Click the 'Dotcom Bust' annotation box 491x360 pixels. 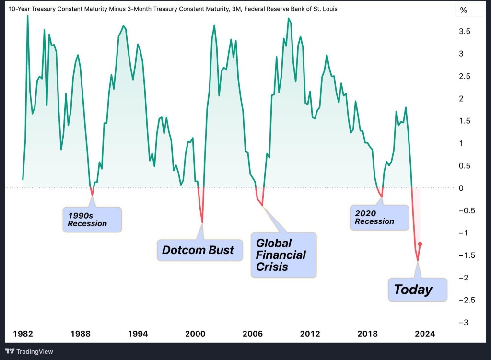pos(198,250)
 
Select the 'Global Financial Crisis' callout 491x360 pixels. pos(283,255)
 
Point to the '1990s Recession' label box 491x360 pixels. pos(92,220)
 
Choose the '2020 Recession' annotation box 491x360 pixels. pos(379,217)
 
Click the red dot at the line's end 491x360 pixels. pos(420,244)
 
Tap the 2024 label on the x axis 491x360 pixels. pos(425,334)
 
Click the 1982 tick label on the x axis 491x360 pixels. pos(23,334)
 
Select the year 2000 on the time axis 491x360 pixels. pos(195,334)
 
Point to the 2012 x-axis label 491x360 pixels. pos(310,334)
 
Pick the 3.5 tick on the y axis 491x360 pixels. pos(464,32)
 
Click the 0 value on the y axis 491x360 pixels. pos(461,188)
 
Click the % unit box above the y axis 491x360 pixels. pos(463,10)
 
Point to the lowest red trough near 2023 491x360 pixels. pos(418,261)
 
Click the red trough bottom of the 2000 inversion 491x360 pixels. pos(202,222)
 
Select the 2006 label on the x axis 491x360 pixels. pos(253,334)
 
